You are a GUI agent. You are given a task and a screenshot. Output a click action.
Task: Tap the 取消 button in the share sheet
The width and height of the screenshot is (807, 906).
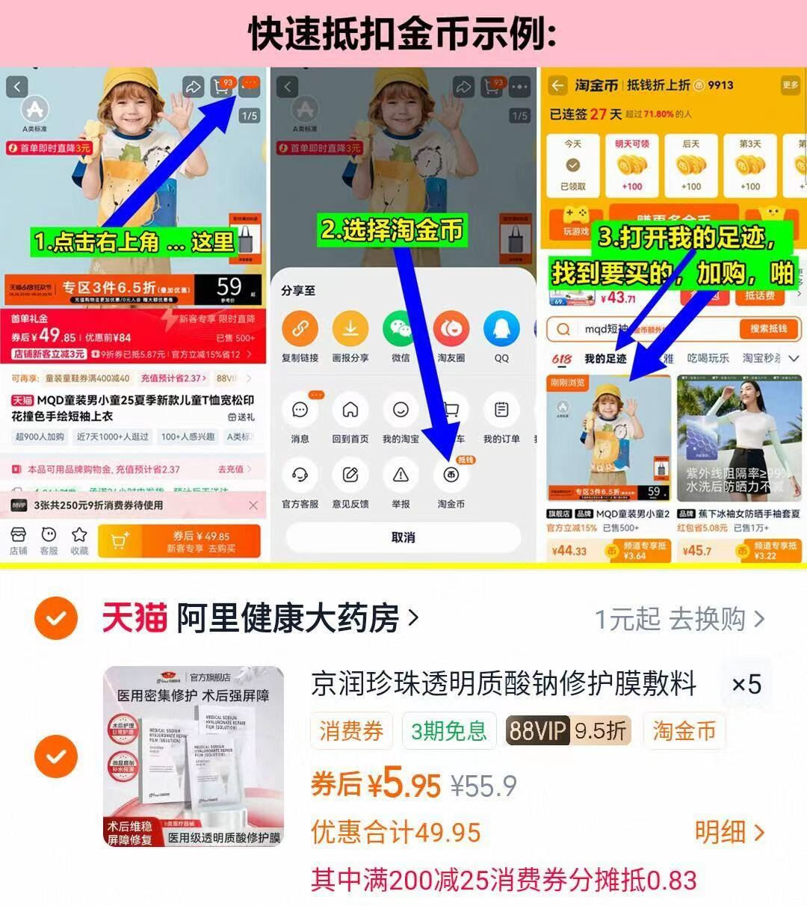coord(403,537)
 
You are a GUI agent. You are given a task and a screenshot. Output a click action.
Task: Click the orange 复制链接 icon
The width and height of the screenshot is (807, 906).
coord(300,329)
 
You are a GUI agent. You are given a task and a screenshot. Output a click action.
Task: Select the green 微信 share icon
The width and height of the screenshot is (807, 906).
coord(401,329)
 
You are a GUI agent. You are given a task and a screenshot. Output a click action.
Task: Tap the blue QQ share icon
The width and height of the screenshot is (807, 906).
coord(501,329)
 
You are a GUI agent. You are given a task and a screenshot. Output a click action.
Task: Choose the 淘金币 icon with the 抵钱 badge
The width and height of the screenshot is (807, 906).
coord(451,475)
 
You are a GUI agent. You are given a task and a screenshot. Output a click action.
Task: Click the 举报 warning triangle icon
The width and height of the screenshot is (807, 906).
coord(401,475)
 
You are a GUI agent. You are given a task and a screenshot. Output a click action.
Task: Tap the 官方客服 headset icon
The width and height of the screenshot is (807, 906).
coord(300,475)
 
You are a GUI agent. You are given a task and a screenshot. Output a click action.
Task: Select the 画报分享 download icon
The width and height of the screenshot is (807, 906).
coord(350,329)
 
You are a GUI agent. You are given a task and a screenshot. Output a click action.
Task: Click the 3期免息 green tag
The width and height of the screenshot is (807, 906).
coord(448,730)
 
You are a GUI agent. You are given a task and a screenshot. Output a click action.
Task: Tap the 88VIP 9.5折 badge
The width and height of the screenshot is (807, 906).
coord(568,730)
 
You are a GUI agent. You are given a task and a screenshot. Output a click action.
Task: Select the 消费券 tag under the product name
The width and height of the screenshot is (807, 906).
coord(351,730)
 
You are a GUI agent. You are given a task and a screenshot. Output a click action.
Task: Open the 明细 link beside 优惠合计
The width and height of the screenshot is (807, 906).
coord(729,832)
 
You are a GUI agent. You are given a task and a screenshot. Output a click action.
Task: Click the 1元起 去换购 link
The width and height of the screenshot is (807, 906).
coord(679,619)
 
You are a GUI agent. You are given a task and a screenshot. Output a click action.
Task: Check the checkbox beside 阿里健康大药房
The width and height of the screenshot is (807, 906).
coord(57,618)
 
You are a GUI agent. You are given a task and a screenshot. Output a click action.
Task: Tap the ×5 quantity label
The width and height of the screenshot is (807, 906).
coord(745,684)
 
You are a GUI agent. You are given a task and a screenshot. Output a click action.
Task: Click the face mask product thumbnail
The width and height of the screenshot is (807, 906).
coord(194,756)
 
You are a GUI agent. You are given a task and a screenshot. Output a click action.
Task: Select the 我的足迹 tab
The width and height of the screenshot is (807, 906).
coord(605,359)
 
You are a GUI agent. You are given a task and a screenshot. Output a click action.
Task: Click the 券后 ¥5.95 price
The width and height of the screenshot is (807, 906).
coord(376,785)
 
